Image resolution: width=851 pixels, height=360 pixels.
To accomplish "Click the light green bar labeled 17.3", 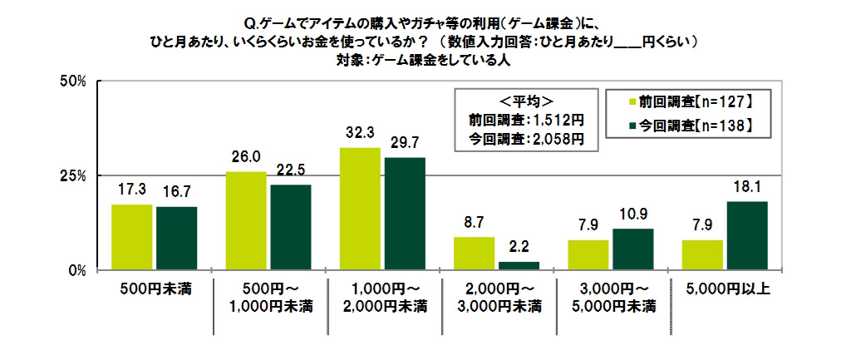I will tap(132, 237).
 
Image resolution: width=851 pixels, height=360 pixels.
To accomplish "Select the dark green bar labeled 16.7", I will tap(176, 239).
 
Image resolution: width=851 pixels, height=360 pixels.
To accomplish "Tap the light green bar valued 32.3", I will tap(360, 209).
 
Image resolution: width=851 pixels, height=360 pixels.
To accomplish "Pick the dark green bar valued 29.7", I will tap(405, 214).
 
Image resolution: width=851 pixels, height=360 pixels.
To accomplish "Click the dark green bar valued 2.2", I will tap(519, 266).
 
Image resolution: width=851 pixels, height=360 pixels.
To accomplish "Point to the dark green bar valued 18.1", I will tap(746, 235).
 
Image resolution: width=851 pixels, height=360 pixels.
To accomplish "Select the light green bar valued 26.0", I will tap(246, 220).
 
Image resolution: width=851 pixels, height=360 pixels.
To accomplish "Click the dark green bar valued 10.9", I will tap(632, 249).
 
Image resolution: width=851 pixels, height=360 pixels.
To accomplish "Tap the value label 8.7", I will tap(474, 224).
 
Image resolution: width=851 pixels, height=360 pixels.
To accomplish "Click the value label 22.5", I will tap(291, 171).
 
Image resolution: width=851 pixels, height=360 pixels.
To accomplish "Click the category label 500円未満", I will tap(155, 289).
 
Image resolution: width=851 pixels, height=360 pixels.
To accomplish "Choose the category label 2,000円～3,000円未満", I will tap(496, 298).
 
